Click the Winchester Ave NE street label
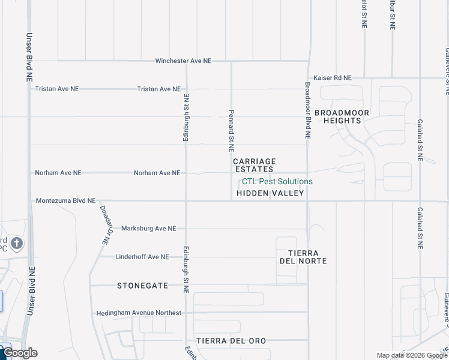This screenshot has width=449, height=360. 184,61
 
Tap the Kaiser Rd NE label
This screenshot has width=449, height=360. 333,78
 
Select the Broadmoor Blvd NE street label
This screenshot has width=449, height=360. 307,111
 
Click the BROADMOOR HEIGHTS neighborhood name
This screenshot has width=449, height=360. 342,116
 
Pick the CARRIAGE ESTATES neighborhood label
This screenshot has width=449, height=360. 254,165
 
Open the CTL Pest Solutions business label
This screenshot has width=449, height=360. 277,181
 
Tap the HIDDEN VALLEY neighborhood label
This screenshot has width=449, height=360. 271,193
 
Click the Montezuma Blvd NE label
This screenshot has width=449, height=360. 65,201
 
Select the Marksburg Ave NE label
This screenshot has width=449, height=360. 149,229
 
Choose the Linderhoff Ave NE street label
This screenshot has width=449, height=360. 142,257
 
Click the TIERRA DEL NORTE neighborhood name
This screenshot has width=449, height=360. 303,257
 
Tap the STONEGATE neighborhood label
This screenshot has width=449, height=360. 142,286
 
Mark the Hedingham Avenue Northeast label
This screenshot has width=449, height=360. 139,313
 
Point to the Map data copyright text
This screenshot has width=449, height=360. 412,355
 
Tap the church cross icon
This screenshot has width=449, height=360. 17,243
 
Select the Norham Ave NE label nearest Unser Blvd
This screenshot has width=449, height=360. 58,173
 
